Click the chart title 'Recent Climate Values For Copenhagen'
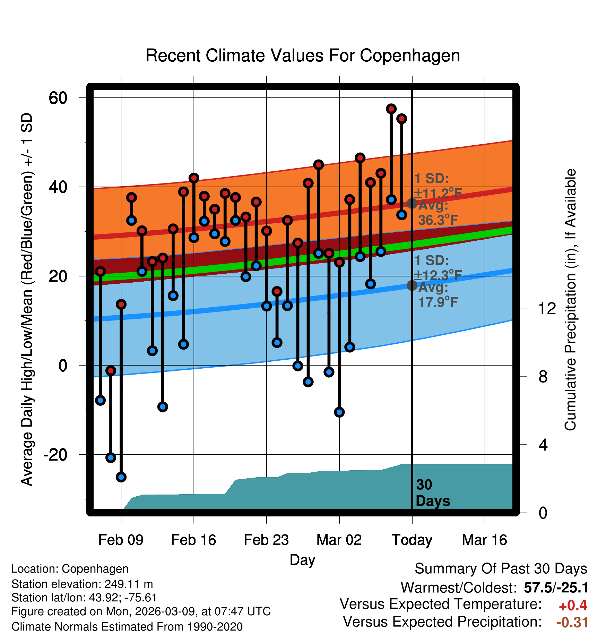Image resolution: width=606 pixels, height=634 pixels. click(303, 55)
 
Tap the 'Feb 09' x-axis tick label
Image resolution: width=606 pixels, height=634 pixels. click(121, 540)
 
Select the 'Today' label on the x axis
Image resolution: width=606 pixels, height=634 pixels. click(412, 540)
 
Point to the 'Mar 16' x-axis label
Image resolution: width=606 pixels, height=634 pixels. click(484, 540)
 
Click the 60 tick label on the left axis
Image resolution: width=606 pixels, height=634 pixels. click(58, 98)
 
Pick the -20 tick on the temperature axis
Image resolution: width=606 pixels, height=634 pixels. click(55, 454)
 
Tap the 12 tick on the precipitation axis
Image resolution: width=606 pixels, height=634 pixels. click(547, 308)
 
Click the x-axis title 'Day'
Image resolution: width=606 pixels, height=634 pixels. click(302, 560)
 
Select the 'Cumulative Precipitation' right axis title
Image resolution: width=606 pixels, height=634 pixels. click(570, 300)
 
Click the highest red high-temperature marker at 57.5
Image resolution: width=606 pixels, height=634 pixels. click(391, 109)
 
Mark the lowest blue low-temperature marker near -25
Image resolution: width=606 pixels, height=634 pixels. click(121, 477)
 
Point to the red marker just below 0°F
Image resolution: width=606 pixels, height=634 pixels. click(111, 371)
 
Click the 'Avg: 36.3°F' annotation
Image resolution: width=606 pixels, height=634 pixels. click(438, 213)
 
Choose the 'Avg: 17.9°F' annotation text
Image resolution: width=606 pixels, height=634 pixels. click(438, 295)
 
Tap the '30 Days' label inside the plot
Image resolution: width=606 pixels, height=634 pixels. click(432, 493)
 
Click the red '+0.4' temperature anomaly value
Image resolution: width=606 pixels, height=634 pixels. click(573, 606)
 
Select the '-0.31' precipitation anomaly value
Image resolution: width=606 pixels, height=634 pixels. click(572, 622)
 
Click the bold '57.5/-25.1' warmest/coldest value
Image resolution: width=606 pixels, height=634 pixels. click(556, 588)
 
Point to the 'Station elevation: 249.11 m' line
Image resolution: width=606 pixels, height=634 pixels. click(82, 584)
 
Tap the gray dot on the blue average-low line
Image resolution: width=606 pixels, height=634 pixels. click(412, 285)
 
